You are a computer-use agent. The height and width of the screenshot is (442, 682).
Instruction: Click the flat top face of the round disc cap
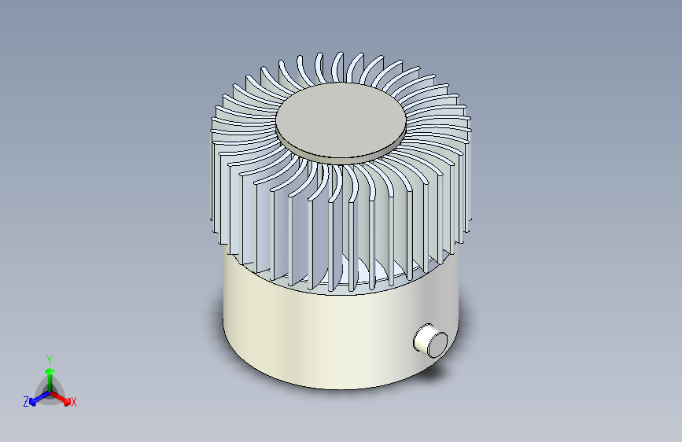point(340,118)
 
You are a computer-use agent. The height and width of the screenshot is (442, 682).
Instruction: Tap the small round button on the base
point(430,341)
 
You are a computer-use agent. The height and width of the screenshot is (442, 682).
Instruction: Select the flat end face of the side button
point(434,344)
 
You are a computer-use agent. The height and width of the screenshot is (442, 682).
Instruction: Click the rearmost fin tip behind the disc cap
point(338,63)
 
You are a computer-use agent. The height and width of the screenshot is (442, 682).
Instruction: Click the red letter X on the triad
point(74,403)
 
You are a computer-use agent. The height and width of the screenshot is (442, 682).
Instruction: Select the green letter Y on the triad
point(49,358)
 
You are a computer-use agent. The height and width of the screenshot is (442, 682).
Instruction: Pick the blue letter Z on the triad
point(26,402)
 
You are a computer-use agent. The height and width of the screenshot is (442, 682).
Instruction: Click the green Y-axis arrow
point(50,374)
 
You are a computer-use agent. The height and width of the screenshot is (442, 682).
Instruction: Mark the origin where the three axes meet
point(50,391)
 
